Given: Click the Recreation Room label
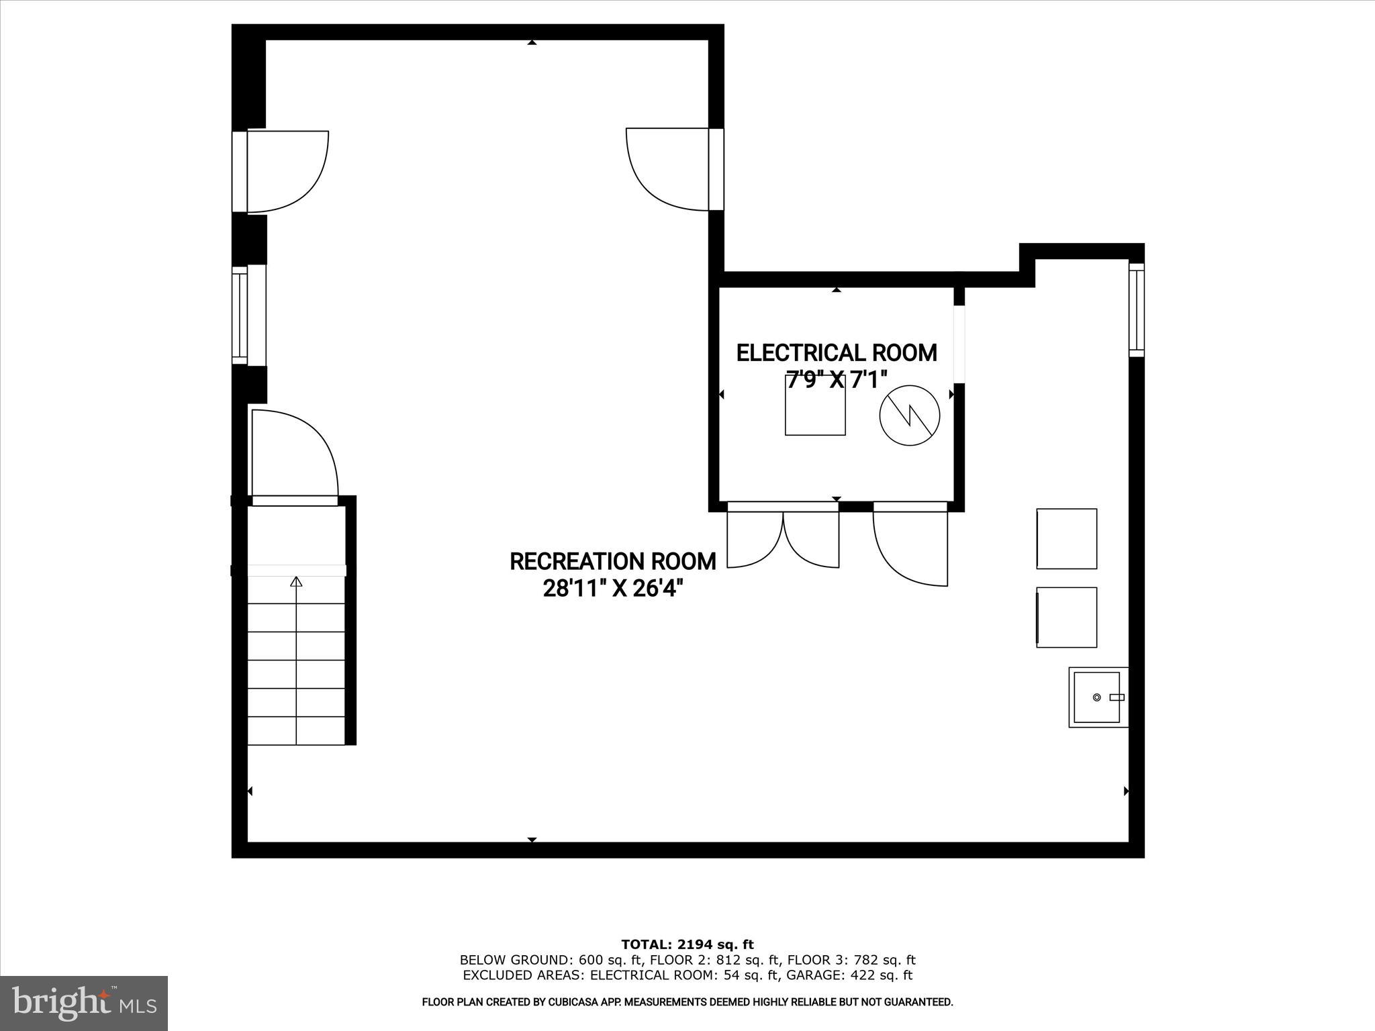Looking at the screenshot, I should click(612, 561).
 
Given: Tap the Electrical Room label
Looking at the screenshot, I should click(837, 353).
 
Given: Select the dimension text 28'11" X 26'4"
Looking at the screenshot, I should click(612, 589).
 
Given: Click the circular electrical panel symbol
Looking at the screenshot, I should click(910, 415).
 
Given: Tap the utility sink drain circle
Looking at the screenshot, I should click(1096, 698).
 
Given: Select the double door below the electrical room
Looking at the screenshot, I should click(783, 537).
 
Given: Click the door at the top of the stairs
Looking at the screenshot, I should click(294, 456).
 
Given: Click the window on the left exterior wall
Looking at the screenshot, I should click(240, 315).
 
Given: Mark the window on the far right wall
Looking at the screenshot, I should click(1136, 308).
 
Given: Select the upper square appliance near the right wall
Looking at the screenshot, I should click(1066, 538).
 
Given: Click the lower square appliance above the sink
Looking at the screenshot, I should click(1066, 618).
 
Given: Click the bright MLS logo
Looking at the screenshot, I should click(84, 1002).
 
